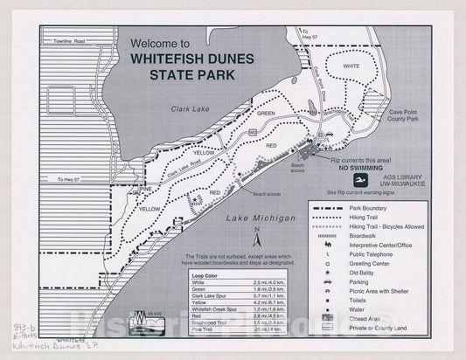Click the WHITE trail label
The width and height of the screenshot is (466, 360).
351,66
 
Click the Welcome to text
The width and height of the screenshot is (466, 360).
159,42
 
